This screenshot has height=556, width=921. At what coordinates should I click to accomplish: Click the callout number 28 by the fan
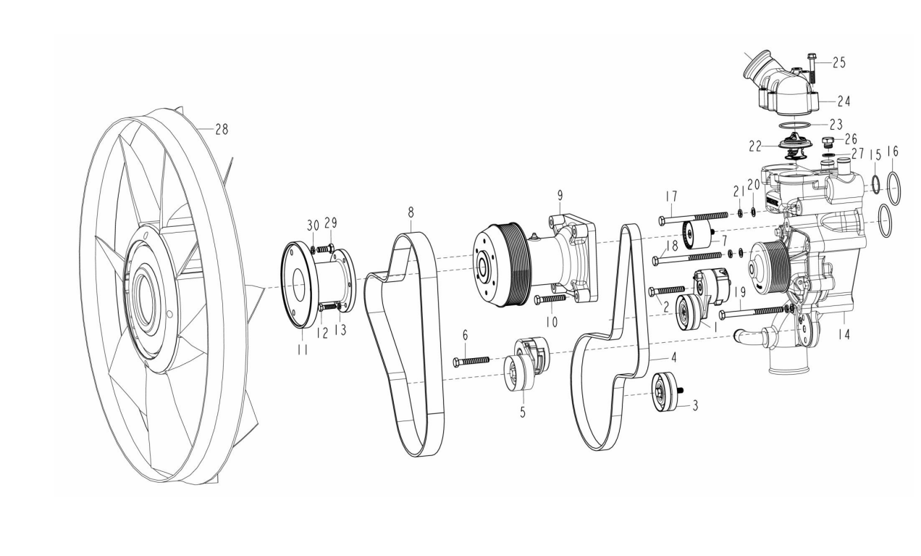click(x=222, y=129)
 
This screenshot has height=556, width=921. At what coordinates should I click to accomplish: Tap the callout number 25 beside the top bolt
click(x=839, y=62)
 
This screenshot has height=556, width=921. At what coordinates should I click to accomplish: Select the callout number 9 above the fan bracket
click(x=560, y=196)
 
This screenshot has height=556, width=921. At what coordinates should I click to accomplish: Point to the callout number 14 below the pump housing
click(x=844, y=335)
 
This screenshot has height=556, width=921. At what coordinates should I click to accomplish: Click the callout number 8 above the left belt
click(x=411, y=212)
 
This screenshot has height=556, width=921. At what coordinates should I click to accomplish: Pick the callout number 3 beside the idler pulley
click(x=695, y=405)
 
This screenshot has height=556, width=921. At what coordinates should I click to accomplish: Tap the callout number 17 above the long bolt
click(x=671, y=196)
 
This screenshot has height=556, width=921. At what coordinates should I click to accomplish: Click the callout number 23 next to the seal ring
click(x=836, y=124)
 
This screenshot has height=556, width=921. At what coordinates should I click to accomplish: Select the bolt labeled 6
click(x=471, y=361)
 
